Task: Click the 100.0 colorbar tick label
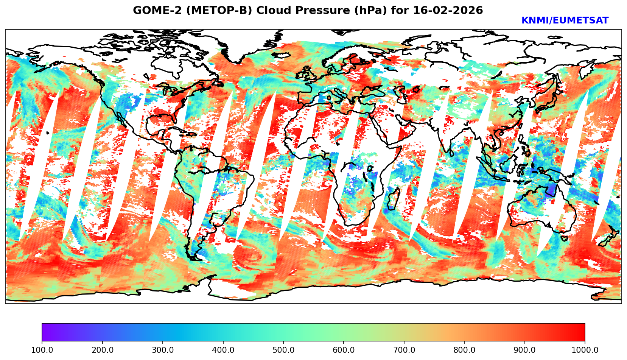(42, 350)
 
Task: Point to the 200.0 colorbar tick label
(102, 350)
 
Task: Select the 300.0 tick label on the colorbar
(163, 350)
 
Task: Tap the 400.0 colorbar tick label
(223, 350)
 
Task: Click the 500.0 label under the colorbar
(283, 350)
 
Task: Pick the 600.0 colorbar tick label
(344, 350)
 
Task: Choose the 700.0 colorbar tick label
(404, 350)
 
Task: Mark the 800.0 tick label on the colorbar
(464, 350)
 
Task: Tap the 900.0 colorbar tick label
(525, 350)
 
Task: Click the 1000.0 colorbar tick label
(585, 350)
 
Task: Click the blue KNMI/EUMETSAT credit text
(565, 21)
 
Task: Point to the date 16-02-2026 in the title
(448, 11)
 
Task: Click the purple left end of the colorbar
(45, 332)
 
